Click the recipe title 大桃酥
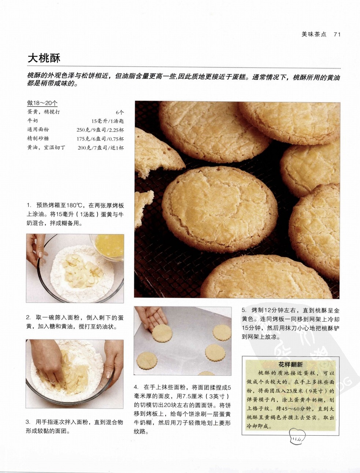44,58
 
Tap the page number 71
337,34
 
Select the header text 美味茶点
314,34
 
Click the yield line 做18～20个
42,103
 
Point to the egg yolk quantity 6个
120,112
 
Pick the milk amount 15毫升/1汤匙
108,121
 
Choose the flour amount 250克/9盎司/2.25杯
100,130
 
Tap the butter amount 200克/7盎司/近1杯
101,148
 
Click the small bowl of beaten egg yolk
109,246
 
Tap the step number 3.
27,422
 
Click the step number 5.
244,311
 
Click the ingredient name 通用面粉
38,129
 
